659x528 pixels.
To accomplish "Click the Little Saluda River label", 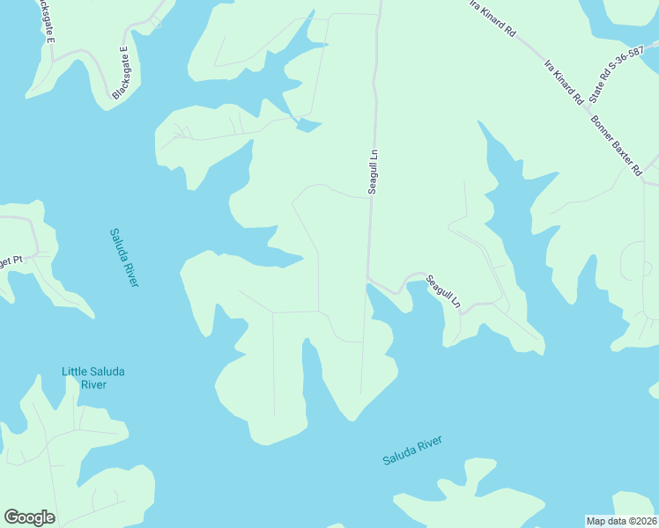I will pos(93,378).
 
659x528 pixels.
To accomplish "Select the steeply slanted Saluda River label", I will pos(124,257).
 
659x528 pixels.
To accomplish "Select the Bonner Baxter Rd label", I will pos(615,145).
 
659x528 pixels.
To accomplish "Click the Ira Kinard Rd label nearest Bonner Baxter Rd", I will pos(564,83).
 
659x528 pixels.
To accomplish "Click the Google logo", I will pos(29,517).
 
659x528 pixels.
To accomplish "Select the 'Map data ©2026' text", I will pos(621,520).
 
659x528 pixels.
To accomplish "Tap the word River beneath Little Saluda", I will pos(93,385).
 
